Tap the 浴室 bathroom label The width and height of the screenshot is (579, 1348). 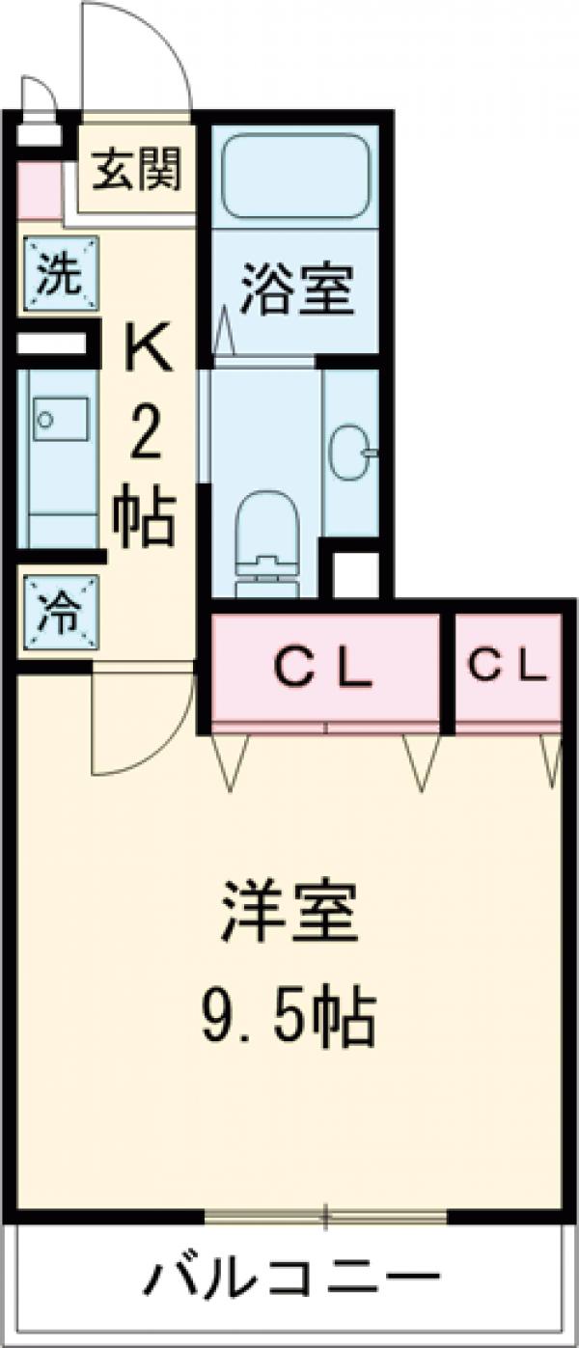(295, 289)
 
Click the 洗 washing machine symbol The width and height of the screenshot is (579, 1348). (59, 275)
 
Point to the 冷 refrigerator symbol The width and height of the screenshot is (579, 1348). (59, 611)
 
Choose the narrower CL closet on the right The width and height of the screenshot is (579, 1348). (508, 666)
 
